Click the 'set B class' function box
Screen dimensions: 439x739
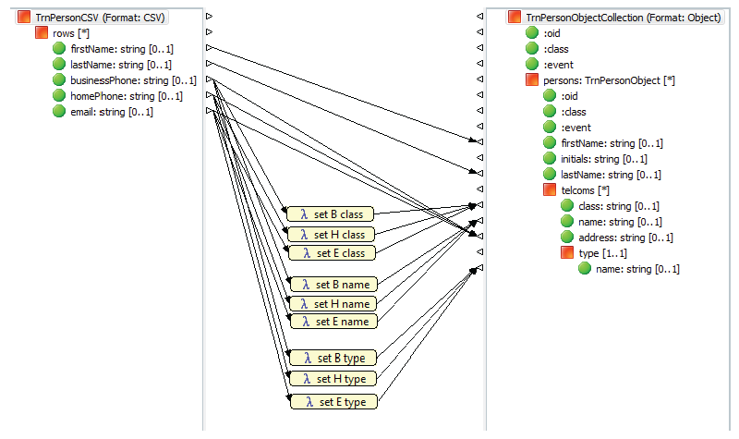pos(332,214)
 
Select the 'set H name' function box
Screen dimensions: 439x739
pos(332,303)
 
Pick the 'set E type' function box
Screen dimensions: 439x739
pos(332,402)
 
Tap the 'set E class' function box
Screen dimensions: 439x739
pos(332,252)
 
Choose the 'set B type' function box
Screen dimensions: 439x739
pos(332,358)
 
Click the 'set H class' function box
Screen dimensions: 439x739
pos(332,235)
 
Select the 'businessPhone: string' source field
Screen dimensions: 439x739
pos(133,80)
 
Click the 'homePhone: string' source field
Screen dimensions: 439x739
pos(126,96)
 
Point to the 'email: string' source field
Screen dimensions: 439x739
pos(111,112)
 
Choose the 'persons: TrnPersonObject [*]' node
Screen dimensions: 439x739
pos(609,80)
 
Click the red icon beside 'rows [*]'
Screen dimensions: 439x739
pos(42,33)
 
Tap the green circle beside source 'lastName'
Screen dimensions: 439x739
pos(59,65)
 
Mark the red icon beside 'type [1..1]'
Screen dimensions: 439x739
pos(568,253)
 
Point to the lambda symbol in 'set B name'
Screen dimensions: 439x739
pos(303,285)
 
